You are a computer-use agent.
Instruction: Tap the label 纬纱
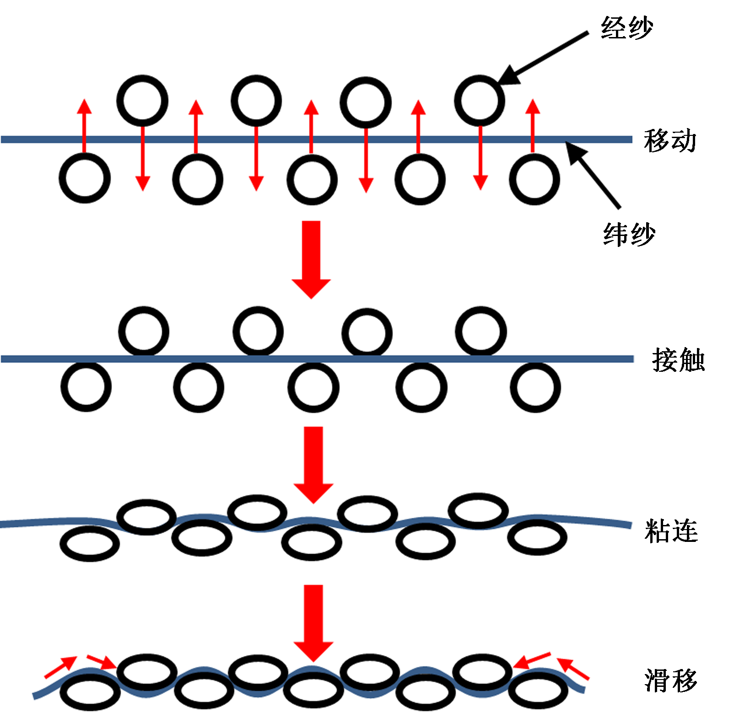(x=629, y=235)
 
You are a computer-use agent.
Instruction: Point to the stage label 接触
(x=678, y=360)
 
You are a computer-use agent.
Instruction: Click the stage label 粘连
(x=671, y=531)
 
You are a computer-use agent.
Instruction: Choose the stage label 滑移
(x=671, y=680)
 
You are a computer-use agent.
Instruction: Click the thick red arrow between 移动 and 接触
(x=312, y=259)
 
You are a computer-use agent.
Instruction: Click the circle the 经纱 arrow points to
(x=479, y=101)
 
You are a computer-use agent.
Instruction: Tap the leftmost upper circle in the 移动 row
(x=142, y=101)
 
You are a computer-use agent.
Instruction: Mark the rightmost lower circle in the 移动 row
(x=534, y=179)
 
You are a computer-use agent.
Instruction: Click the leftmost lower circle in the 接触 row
(x=86, y=386)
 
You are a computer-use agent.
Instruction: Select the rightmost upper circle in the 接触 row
(x=480, y=332)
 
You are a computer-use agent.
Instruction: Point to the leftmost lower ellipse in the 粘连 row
(x=90, y=543)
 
